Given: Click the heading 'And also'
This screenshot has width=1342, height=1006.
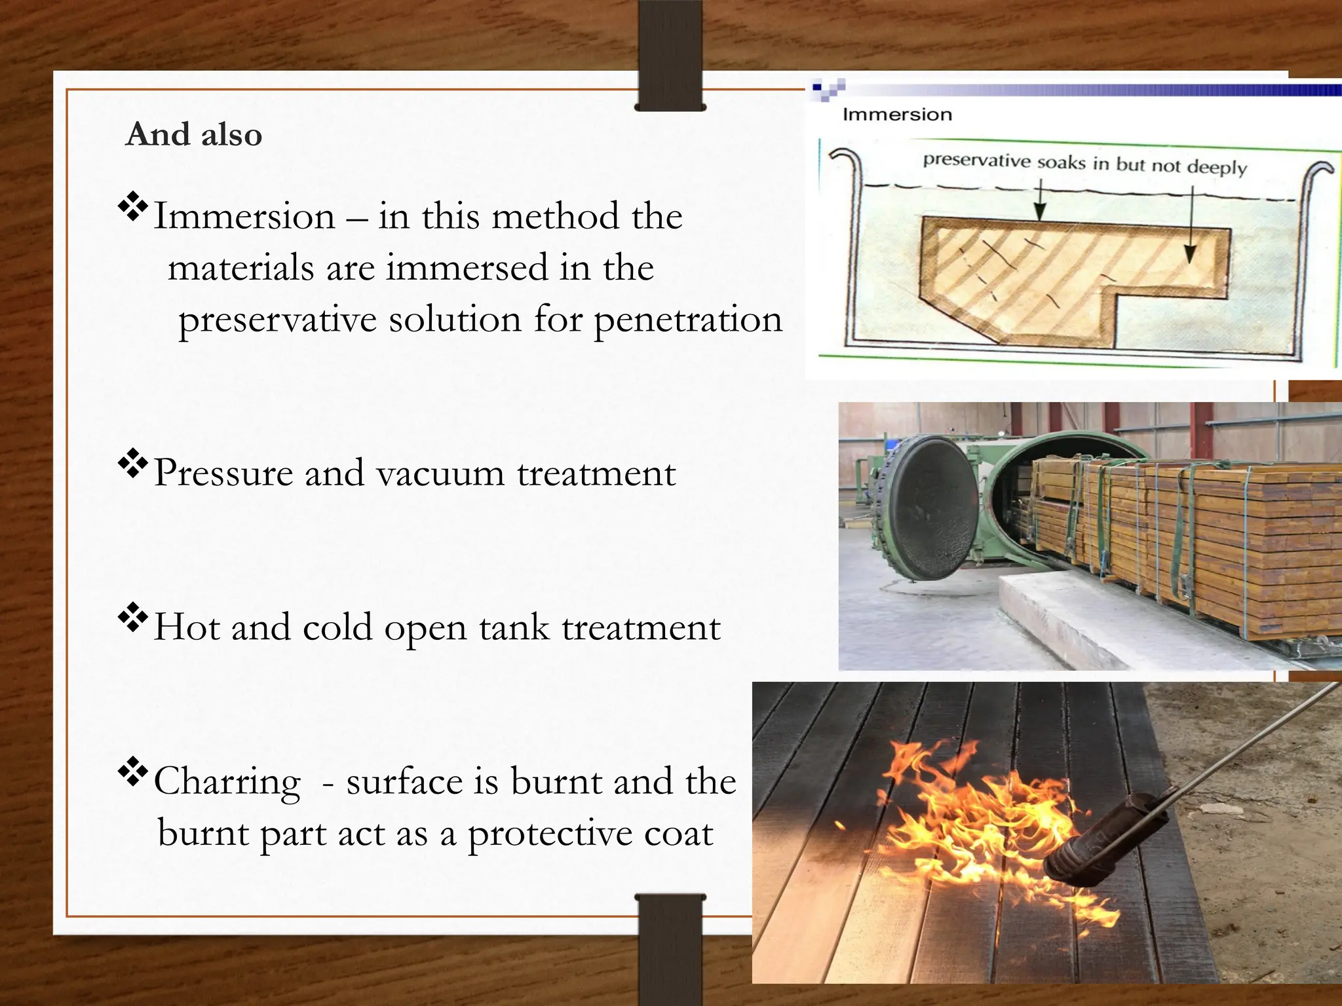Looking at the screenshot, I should (194, 135).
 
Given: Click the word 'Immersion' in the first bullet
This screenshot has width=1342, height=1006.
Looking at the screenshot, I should (244, 217).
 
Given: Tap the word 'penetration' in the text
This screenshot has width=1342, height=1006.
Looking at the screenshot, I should (688, 320).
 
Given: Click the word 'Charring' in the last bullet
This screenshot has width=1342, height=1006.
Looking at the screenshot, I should (227, 782).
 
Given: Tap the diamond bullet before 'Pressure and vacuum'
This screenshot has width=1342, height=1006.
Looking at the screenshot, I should (133, 464).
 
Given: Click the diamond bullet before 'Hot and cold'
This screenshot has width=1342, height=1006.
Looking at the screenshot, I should (133, 618).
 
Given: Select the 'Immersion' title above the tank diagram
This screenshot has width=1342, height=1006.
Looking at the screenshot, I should (897, 115).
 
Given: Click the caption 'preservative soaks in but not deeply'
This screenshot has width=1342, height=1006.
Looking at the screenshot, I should (1084, 163).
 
